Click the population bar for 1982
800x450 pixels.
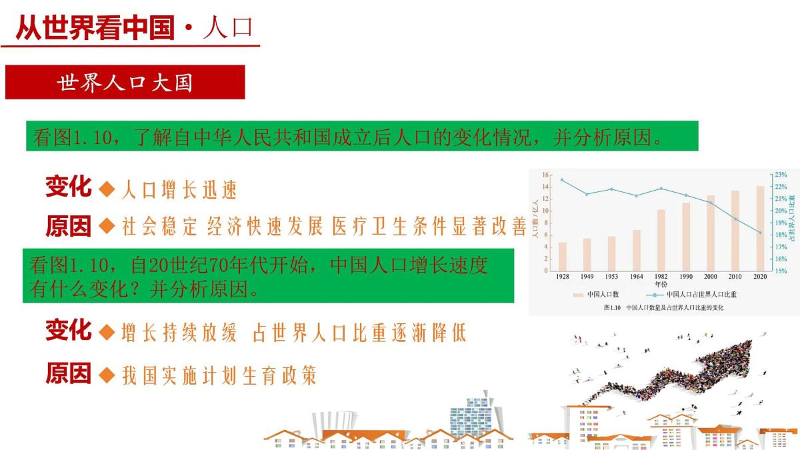click(x=661, y=240)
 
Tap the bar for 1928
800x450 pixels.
click(x=563, y=257)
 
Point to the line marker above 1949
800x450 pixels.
click(x=587, y=194)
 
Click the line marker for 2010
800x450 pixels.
click(x=735, y=219)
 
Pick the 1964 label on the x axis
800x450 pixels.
click(x=636, y=276)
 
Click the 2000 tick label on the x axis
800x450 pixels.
click(x=711, y=276)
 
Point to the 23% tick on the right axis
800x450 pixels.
click(x=781, y=175)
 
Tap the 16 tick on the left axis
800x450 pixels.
click(x=545, y=175)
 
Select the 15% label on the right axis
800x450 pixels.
click(x=781, y=271)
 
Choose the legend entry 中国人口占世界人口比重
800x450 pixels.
click(x=693, y=294)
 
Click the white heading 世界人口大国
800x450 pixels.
click(x=125, y=83)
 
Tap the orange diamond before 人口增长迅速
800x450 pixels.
click(x=107, y=189)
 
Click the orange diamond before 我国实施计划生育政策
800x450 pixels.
click(x=107, y=375)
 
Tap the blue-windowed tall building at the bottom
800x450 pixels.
click(x=469, y=417)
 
